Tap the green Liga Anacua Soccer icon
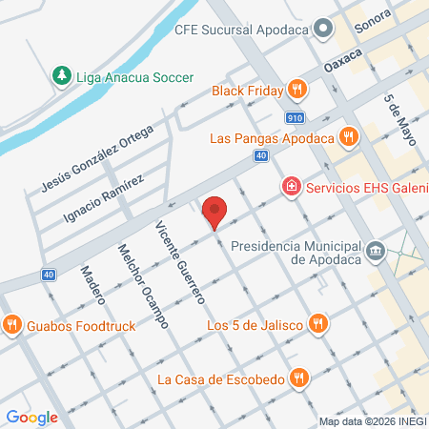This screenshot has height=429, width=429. click(61, 75)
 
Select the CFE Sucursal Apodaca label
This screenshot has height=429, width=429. click(242, 29)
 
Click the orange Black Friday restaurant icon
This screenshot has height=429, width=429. click(298, 90)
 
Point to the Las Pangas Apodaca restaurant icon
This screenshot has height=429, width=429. click(348, 137)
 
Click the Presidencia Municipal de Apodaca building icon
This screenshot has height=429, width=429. click(377, 250)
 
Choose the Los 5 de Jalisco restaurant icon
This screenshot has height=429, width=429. click(318, 326)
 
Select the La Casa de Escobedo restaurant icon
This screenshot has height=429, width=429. click(300, 378)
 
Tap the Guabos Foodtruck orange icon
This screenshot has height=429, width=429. click(12, 325)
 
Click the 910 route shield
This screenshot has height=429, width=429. click(296, 117)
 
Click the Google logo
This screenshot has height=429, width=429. click(31, 417)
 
